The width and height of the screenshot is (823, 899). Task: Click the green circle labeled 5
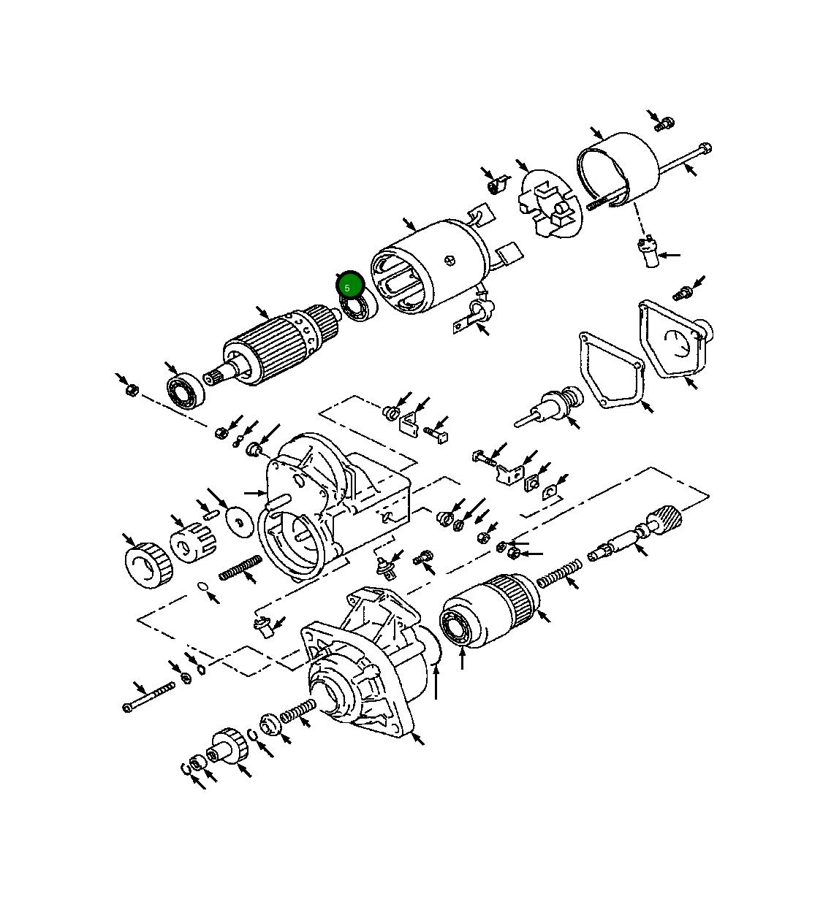point(350,285)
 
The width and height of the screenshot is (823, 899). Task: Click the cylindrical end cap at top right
point(620,169)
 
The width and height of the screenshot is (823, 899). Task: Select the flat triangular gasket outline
point(610,369)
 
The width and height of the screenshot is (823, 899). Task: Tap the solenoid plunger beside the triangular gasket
point(555,406)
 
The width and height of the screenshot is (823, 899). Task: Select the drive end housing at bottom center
point(365,679)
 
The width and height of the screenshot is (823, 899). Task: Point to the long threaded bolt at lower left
point(149,697)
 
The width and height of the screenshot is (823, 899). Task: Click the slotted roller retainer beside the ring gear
point(193,544)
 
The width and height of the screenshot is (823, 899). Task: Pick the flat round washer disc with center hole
point(238,520)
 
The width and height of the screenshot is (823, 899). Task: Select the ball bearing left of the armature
point(186,391)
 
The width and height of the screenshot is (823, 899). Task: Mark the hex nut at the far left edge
point(132,390)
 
